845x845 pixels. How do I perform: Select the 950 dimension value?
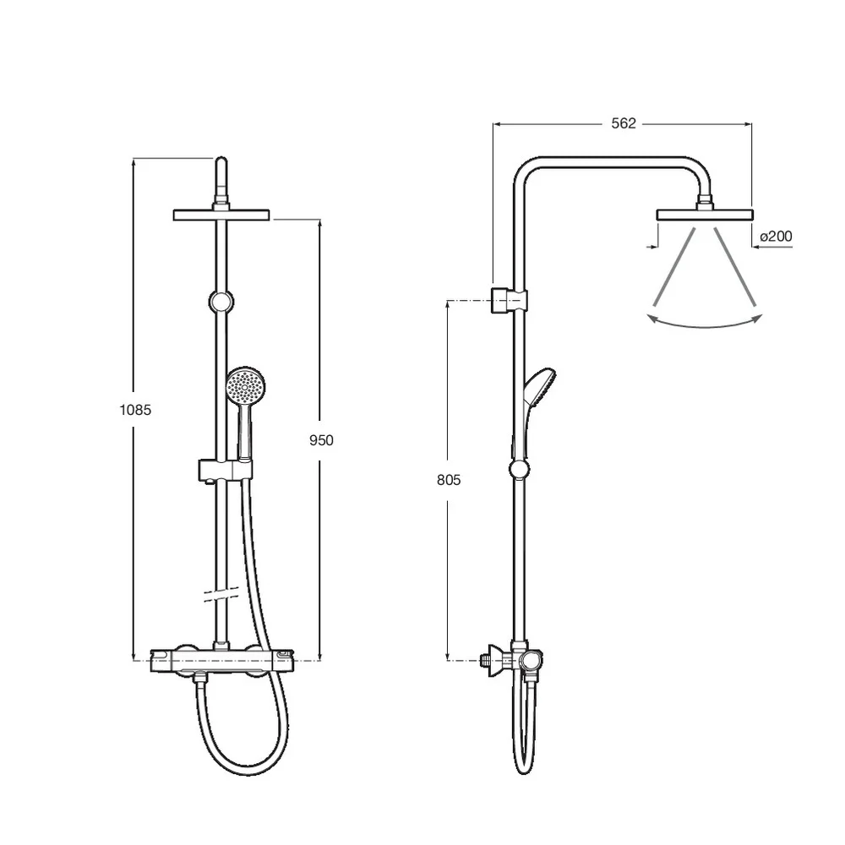coord(320,440)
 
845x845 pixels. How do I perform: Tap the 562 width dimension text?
coord(623,123)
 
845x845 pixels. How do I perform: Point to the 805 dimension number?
coord(449,480)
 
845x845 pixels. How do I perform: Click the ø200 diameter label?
coord(776,237)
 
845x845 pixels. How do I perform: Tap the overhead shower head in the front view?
coord(221,215)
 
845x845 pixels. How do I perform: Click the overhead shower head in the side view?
coord(704,214)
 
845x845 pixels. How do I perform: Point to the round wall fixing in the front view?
coord(221,300)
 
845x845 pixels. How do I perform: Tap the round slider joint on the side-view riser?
coord(519,470)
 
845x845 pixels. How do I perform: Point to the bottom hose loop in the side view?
coord(524,765)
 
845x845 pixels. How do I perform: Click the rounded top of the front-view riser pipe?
coord(221,162)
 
